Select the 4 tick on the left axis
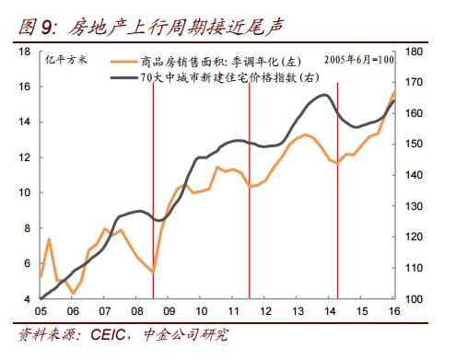pos(28,299)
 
